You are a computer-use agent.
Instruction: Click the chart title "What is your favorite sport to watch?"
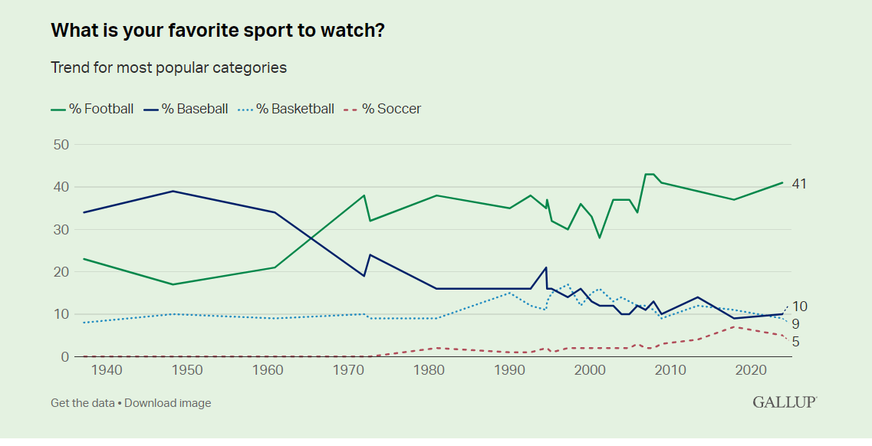click(218, 31)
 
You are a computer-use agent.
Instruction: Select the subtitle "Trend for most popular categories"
click(169, 67)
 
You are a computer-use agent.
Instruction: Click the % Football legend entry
click(92, 109)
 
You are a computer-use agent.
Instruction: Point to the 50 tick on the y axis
click(61, 145)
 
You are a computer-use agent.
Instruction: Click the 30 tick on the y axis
click(61, 229)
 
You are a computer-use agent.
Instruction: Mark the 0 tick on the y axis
click(64, 356)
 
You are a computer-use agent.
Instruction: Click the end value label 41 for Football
click(800, 184)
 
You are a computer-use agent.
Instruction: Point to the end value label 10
click(800, 307)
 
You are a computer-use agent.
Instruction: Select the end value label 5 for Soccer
click(796, 342)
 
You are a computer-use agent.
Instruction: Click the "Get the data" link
click(82, 403)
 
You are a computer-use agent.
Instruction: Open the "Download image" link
click(167, 403)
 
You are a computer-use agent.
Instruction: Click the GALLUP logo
click(784, 402)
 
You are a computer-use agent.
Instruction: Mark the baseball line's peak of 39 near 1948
click(174, 191)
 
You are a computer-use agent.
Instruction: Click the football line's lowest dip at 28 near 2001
click(600, 238)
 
